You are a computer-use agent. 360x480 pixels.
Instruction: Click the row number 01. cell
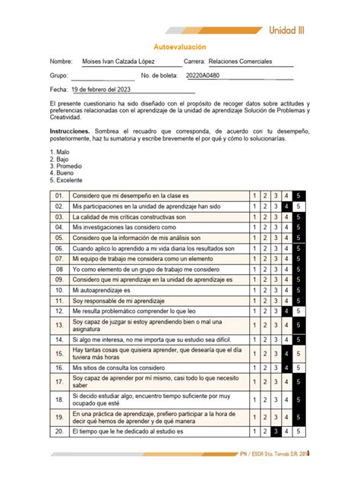[x=58, y=195]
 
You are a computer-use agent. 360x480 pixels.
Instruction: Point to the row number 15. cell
[x=58, y=353]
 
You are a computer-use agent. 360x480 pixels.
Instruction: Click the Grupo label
[x=58, y=76]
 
